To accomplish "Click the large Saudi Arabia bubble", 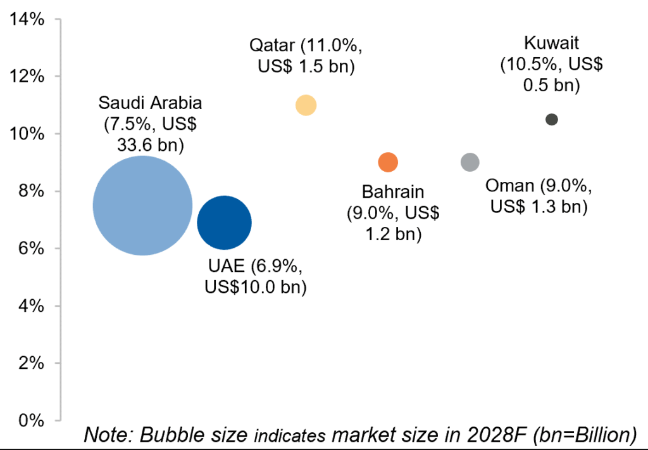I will pos(142,205).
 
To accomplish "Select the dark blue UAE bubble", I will pos(225,222).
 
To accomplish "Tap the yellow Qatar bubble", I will pos(306,105).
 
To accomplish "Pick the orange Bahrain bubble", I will pos(388,162).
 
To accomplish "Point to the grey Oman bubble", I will pos(470,162).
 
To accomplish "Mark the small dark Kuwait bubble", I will pos(552,119).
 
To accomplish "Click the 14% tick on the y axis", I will pos(27,19).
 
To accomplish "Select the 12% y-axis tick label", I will pos(27,77).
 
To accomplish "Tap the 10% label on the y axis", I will pos(27,134).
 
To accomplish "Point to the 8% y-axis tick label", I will pos(30,191).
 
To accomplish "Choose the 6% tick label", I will pos(30,248).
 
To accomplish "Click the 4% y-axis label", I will pos(30,306).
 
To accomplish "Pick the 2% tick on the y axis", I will pos(30,363).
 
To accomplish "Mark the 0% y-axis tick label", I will pos(30,420).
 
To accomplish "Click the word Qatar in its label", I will pos(271,46).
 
